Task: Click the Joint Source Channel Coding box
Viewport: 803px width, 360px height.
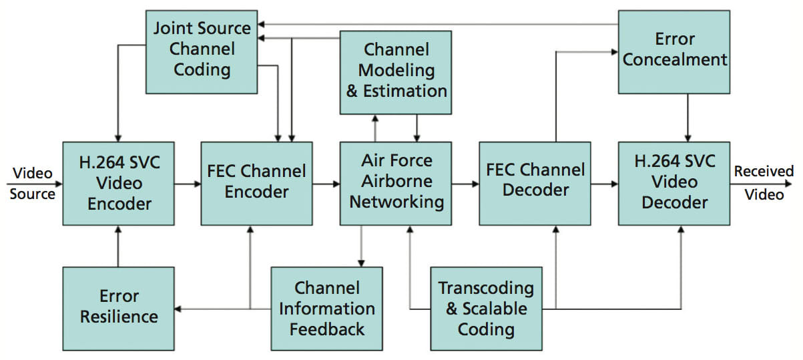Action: click(x=202, y=51)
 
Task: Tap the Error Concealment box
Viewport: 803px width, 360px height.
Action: click(x=672, y=51)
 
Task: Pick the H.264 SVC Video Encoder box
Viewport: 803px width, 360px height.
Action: click(x=118, y=183)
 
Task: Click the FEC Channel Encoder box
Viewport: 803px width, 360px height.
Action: click(x=256, y=183)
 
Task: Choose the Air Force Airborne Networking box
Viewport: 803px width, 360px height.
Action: click(x=396, y=183)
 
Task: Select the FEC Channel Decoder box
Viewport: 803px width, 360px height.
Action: click(x=534, y=183)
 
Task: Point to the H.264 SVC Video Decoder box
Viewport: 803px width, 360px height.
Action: click(x=672, y=183)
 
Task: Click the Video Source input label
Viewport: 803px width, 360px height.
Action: click(x=32, y=183)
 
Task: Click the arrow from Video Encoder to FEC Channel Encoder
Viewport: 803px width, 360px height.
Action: click(x=188, y=183)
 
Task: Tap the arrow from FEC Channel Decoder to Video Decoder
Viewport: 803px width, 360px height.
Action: click(x=604, y=183)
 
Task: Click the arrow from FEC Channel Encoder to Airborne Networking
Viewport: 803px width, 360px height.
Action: click(x=326, y=183)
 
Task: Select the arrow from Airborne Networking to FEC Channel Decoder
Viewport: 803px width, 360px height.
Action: click(x=465, y=183)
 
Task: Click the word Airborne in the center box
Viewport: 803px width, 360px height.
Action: click(x=396, y=182)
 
